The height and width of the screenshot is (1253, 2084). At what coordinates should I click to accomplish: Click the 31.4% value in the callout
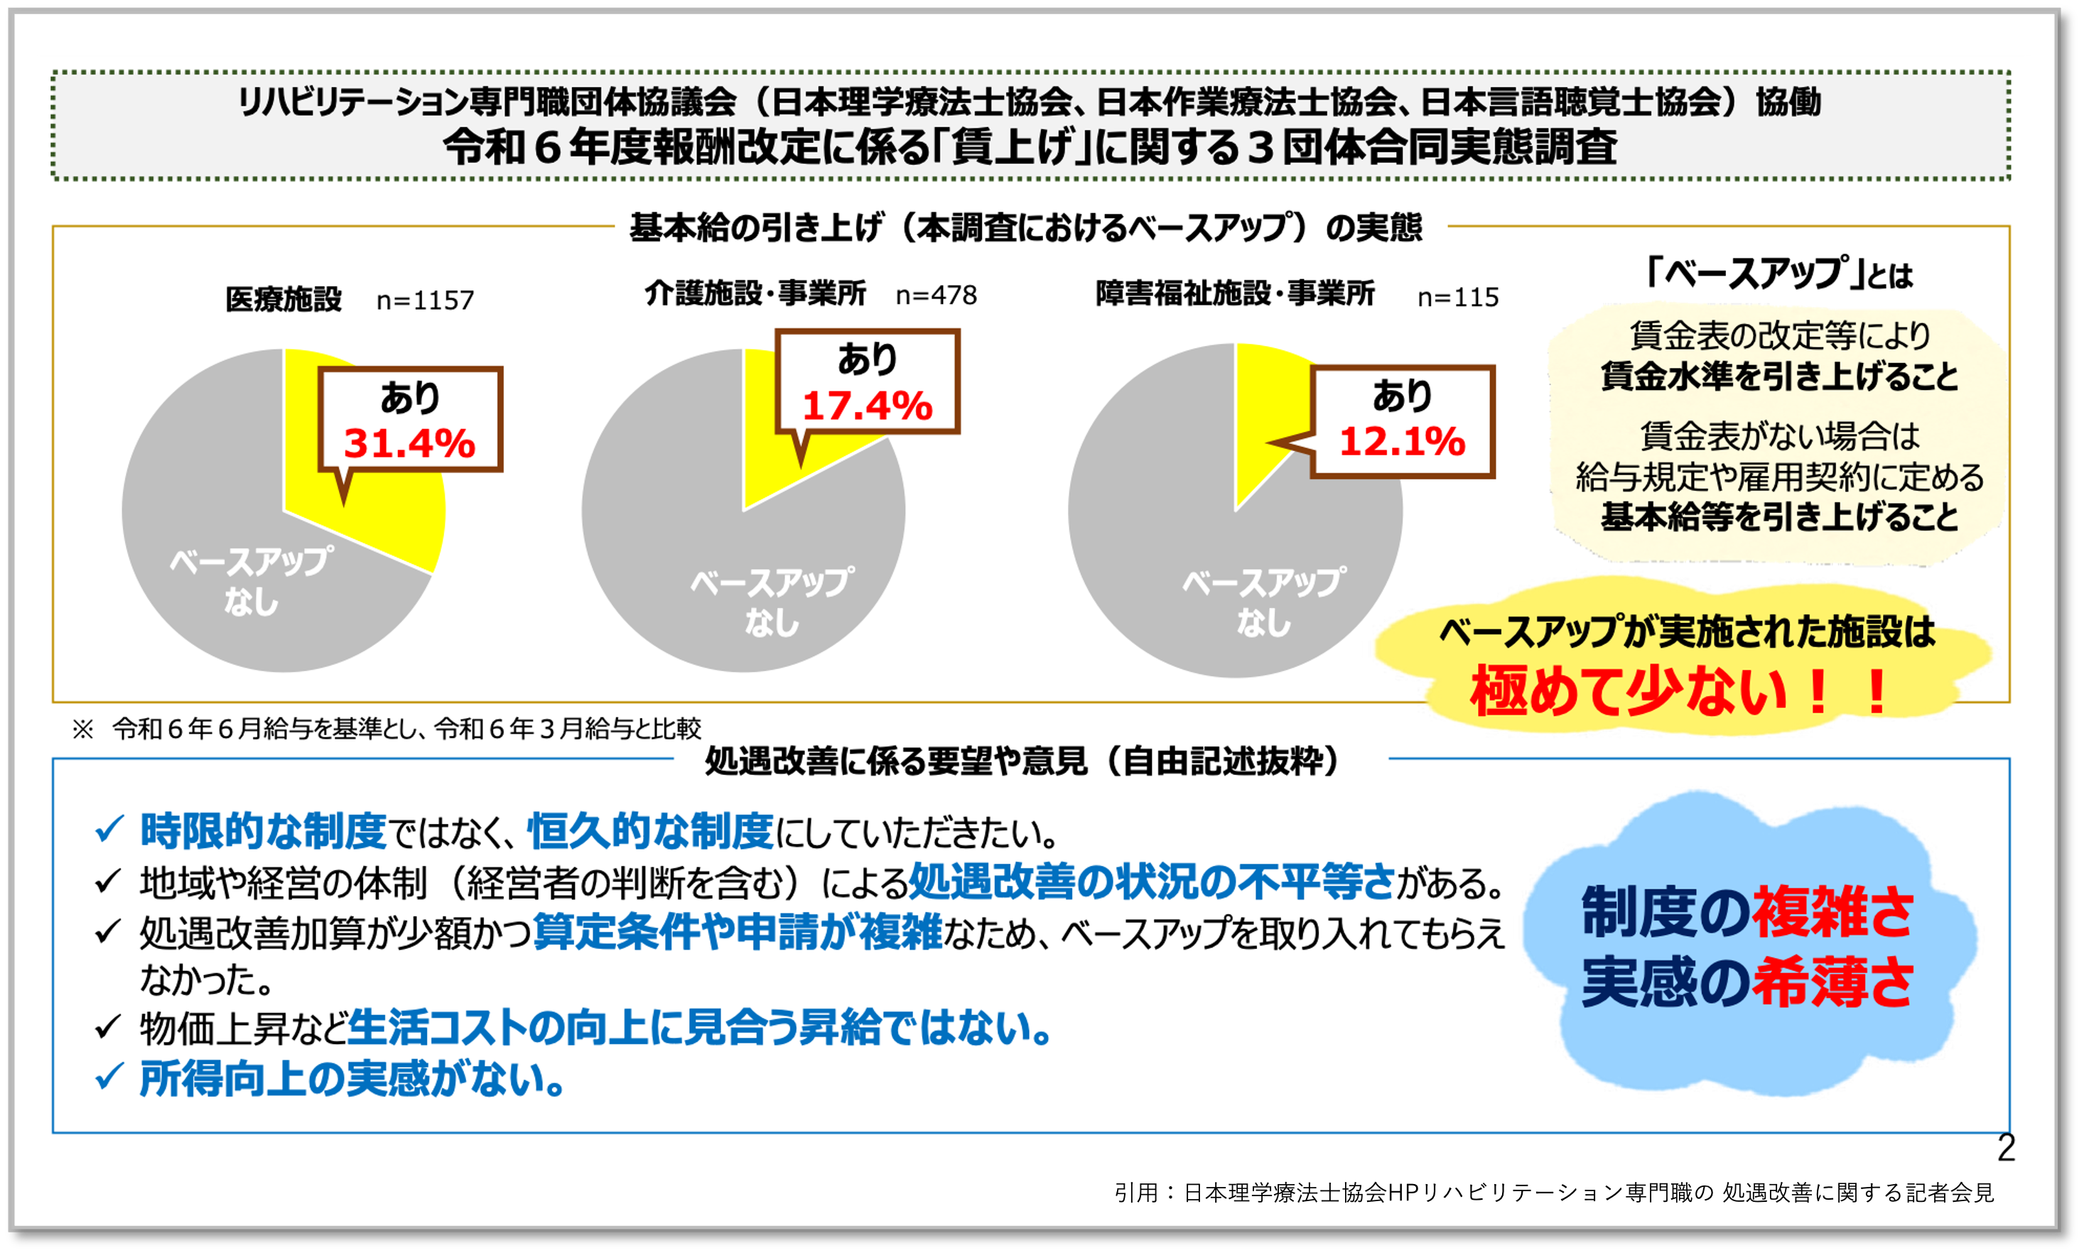(409, 443)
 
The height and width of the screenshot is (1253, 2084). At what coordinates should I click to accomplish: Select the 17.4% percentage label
(867, 406)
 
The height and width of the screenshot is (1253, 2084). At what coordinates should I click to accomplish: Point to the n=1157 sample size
(426, 300)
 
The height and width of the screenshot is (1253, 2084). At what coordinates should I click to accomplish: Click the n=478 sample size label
(936, 295)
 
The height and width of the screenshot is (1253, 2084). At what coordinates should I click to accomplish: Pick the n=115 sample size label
(1458, 297)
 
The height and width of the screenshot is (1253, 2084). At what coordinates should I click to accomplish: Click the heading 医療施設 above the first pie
(284, 299)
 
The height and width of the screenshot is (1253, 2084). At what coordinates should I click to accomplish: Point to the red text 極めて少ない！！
(1680, 692)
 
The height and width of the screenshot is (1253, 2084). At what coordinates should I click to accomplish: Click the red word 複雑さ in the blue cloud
(1832, 913)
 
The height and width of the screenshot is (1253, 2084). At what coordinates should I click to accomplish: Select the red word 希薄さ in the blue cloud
(1832, 982)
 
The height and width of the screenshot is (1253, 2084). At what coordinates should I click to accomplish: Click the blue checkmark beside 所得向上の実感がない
(109, 1077)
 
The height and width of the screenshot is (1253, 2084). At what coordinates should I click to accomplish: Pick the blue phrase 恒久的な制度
(650, 831)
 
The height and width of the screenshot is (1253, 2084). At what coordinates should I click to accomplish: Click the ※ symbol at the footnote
(82, 729)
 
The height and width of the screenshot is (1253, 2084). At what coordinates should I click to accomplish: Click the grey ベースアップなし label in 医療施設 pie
(251, 581)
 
